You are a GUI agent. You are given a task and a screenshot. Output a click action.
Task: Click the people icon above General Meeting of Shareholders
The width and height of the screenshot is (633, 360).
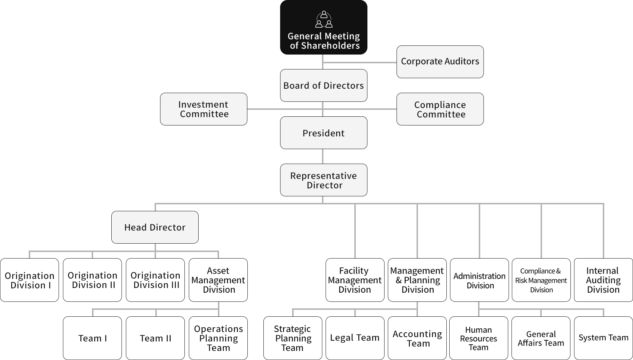click(324, 20)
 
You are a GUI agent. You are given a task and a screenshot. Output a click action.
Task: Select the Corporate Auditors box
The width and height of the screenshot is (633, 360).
click(440, 62)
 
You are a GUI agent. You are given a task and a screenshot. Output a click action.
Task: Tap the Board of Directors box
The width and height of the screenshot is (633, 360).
click(323, 85)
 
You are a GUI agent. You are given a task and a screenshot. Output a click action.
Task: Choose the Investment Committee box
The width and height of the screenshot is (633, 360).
click(203, 109)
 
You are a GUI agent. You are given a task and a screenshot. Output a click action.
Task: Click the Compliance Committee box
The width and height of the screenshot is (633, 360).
click(440, 109)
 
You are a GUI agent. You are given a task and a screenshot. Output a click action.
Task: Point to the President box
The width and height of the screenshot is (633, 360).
click(323, 133)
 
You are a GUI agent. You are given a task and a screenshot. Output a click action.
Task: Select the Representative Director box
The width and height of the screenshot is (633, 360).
click(323, 180)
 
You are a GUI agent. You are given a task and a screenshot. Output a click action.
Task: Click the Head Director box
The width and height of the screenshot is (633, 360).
click(155, 227)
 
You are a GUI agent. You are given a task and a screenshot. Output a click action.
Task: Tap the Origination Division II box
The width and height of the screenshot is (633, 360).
click(92, 280)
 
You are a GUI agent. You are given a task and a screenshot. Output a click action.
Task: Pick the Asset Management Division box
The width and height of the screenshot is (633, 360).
click(218, 280)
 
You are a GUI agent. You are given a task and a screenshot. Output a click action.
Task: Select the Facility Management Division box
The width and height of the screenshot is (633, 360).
click(355, 280)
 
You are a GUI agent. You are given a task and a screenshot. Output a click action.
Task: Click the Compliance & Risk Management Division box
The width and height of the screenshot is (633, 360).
click(541, 280)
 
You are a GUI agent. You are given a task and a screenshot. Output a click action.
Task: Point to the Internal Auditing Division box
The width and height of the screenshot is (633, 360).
click(603, 280)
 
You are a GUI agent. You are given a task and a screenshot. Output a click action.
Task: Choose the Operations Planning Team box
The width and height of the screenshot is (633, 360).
click(218, 338)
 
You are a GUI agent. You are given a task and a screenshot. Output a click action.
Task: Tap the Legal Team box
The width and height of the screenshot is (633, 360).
click(355, 338)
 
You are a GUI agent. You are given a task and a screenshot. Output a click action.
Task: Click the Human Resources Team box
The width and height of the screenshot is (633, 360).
click(478, 338)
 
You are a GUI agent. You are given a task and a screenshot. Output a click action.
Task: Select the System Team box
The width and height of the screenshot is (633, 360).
click(603, 338)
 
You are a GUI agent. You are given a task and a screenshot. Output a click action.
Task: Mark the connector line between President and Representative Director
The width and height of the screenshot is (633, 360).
click(323, 156)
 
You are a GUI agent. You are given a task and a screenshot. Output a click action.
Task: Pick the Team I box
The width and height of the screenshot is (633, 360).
click(92, 338)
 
